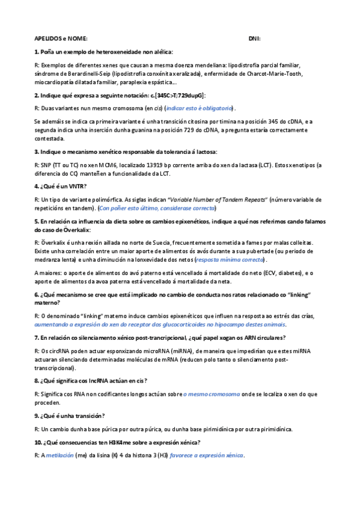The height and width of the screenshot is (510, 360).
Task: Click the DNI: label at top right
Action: [254, 38]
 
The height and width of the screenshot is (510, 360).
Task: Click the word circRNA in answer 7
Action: [56, 350]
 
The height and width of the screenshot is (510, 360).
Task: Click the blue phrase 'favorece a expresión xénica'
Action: [207, 455]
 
